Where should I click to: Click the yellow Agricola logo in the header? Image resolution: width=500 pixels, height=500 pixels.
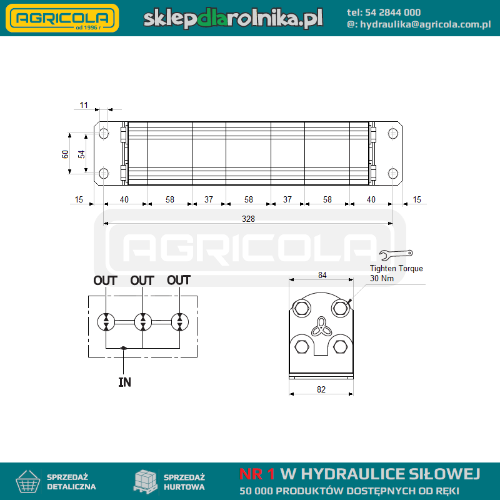[62, 18]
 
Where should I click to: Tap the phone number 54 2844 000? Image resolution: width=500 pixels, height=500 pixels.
[392, 12]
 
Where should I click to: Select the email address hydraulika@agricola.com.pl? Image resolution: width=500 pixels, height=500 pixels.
[426, 24]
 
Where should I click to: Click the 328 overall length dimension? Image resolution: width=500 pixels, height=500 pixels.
[248, 219]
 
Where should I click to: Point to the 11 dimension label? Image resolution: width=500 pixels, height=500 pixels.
[84, 105]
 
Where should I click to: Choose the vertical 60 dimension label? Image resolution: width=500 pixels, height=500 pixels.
[65, 154]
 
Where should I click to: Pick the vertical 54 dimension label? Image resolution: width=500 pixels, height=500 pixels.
[81, 154]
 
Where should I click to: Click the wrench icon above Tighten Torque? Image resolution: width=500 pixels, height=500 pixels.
[396, 254]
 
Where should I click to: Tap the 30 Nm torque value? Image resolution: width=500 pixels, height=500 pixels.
[382, 278]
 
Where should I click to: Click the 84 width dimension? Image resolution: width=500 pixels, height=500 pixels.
[322, 275]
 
